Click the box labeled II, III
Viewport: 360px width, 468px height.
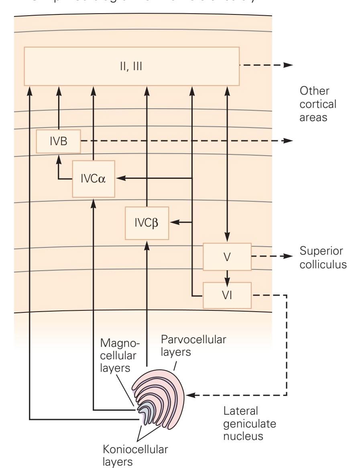tap(132, 66)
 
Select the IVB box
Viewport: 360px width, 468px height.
tap(58, 141)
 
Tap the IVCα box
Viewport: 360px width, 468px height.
tap(93, 179)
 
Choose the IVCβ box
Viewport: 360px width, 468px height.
tap(147, 223)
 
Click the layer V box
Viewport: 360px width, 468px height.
tap(227, 257)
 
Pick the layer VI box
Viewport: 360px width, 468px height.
tap(227, 295)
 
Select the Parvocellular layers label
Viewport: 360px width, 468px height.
tap(193, 346)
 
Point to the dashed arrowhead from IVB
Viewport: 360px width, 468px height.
tap(288, 141)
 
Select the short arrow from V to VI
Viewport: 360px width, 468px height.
tap(227, 276)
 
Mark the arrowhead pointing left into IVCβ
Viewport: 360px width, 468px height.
tap(174, 222)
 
